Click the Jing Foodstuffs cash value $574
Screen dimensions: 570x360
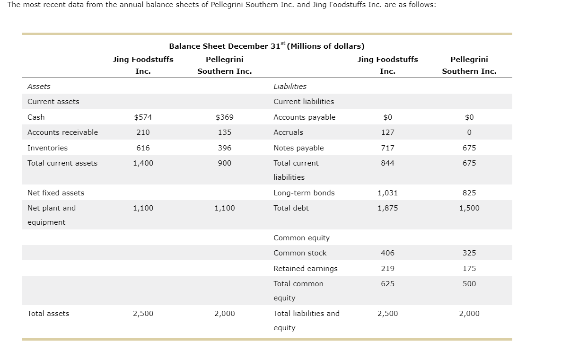[143, 117]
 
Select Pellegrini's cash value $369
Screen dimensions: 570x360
[224, 117]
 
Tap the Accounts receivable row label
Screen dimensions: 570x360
[62, 132]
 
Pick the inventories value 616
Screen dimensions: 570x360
[143, 148]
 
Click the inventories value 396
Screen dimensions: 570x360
[224, 148]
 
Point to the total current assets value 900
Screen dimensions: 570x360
[224, 163]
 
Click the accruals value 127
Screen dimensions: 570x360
[387, 132]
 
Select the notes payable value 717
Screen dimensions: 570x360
[387, 148]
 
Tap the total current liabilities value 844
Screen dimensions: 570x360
[387, 163]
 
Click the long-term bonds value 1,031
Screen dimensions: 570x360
[387, 193]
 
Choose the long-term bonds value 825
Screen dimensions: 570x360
[469, 193]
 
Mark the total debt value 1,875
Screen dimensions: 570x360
[387, 208]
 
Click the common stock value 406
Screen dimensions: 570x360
[387, 253]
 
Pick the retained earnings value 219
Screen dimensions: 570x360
[387, 268]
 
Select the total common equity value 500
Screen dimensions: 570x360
[469, 284]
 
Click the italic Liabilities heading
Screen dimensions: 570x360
[290, 87]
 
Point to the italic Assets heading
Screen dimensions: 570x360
[39, 87]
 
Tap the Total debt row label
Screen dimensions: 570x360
[291, 208]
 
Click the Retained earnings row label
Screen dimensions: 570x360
[306, 269]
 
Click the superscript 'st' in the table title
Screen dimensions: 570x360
[283, 43]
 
